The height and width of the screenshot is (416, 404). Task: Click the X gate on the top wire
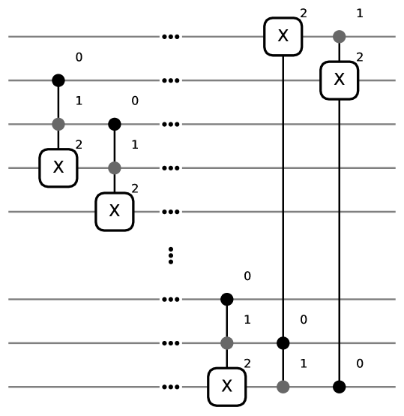283,36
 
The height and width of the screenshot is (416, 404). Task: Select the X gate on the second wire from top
339,80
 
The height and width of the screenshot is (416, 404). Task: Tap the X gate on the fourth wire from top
58,167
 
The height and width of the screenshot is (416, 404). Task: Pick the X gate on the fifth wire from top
114,212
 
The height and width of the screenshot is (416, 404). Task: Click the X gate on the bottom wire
226,387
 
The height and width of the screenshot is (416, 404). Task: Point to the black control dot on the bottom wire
339,387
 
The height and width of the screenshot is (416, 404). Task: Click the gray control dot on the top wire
339,36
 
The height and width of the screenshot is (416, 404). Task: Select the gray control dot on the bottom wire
283,387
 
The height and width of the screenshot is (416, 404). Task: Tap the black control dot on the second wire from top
58,80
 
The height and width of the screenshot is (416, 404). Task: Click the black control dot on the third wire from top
114,124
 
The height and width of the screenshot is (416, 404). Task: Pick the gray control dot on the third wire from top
58,124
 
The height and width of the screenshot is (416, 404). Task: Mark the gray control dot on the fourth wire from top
114,167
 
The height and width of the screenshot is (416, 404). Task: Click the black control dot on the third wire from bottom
226,300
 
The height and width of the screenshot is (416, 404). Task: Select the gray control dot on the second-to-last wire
226,343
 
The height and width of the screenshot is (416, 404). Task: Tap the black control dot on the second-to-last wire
283,343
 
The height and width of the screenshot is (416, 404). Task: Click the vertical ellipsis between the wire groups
171,255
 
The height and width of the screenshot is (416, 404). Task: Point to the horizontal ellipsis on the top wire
171,36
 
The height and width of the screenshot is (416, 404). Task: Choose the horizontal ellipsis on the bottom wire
171,387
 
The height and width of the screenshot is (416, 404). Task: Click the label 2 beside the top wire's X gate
303,14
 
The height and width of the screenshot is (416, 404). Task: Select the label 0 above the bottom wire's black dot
360,364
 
